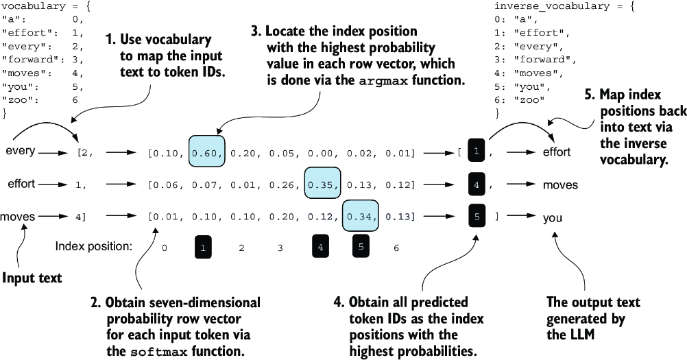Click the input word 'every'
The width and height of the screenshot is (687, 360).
pyautogui.click(x=20, y=151)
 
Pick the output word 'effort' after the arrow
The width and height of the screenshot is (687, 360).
pyautogui.click(x=557, y=152)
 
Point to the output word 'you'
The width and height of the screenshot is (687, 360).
pyautogui.click(x=553, y=218)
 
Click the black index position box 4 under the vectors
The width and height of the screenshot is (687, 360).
pyautogui.click(x=321, y=247)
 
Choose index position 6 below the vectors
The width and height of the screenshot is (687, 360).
pyautogui.click(x=396, y=248)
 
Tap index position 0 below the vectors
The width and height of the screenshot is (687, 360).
pyautogui.click(x=165, y=248)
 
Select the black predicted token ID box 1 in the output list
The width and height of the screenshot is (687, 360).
pyautogui.click(x=477, y=151)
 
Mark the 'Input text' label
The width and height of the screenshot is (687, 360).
pyautogui.click(x=32, y=278)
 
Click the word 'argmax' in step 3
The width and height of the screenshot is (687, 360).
pyautogui.click(x=383, y=81)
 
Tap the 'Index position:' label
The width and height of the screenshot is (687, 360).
pyautogui.click(x=94, y=247)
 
